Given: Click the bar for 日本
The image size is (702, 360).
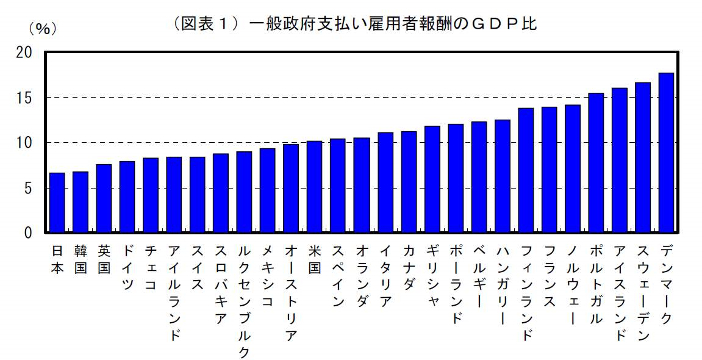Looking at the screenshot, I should pyautogui.click(x=57, y=203).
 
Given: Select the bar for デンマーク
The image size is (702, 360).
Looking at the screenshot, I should pyautogui.click(x=666, y=153).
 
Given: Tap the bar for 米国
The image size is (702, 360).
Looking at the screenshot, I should pyautogui.click(x=315, y=187).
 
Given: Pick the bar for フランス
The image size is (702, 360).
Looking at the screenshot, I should pyautogui.click(x=549, y=170).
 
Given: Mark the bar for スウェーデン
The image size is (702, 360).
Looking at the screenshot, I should pyautogui.click(x=643, y=157).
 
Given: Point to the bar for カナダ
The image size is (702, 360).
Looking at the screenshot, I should pyautogui.click(x=409, y=182).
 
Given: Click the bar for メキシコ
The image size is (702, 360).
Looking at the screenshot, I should pyautogui.click(x=268, y=190).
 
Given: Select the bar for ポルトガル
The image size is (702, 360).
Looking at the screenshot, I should pyautogui.click(x=596, y=163).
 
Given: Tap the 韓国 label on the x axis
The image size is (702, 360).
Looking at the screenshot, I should pyautogui.click(x=81, y=259).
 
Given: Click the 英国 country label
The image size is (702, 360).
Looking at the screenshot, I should pyautogui.click(x=104, y=259).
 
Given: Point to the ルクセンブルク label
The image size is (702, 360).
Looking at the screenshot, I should pyautogui.click(x=244, y=301).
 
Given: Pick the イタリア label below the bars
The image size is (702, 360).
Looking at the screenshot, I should pyautogui.click(x=385, y=276).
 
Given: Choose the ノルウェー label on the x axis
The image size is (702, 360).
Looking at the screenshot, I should pyautogui.click(x=572, y=284).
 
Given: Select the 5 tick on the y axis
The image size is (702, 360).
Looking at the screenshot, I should pyautogui.click(x=28, y=188).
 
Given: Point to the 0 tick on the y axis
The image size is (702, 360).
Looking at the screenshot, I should pyautogui.click(x=28, y=233).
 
